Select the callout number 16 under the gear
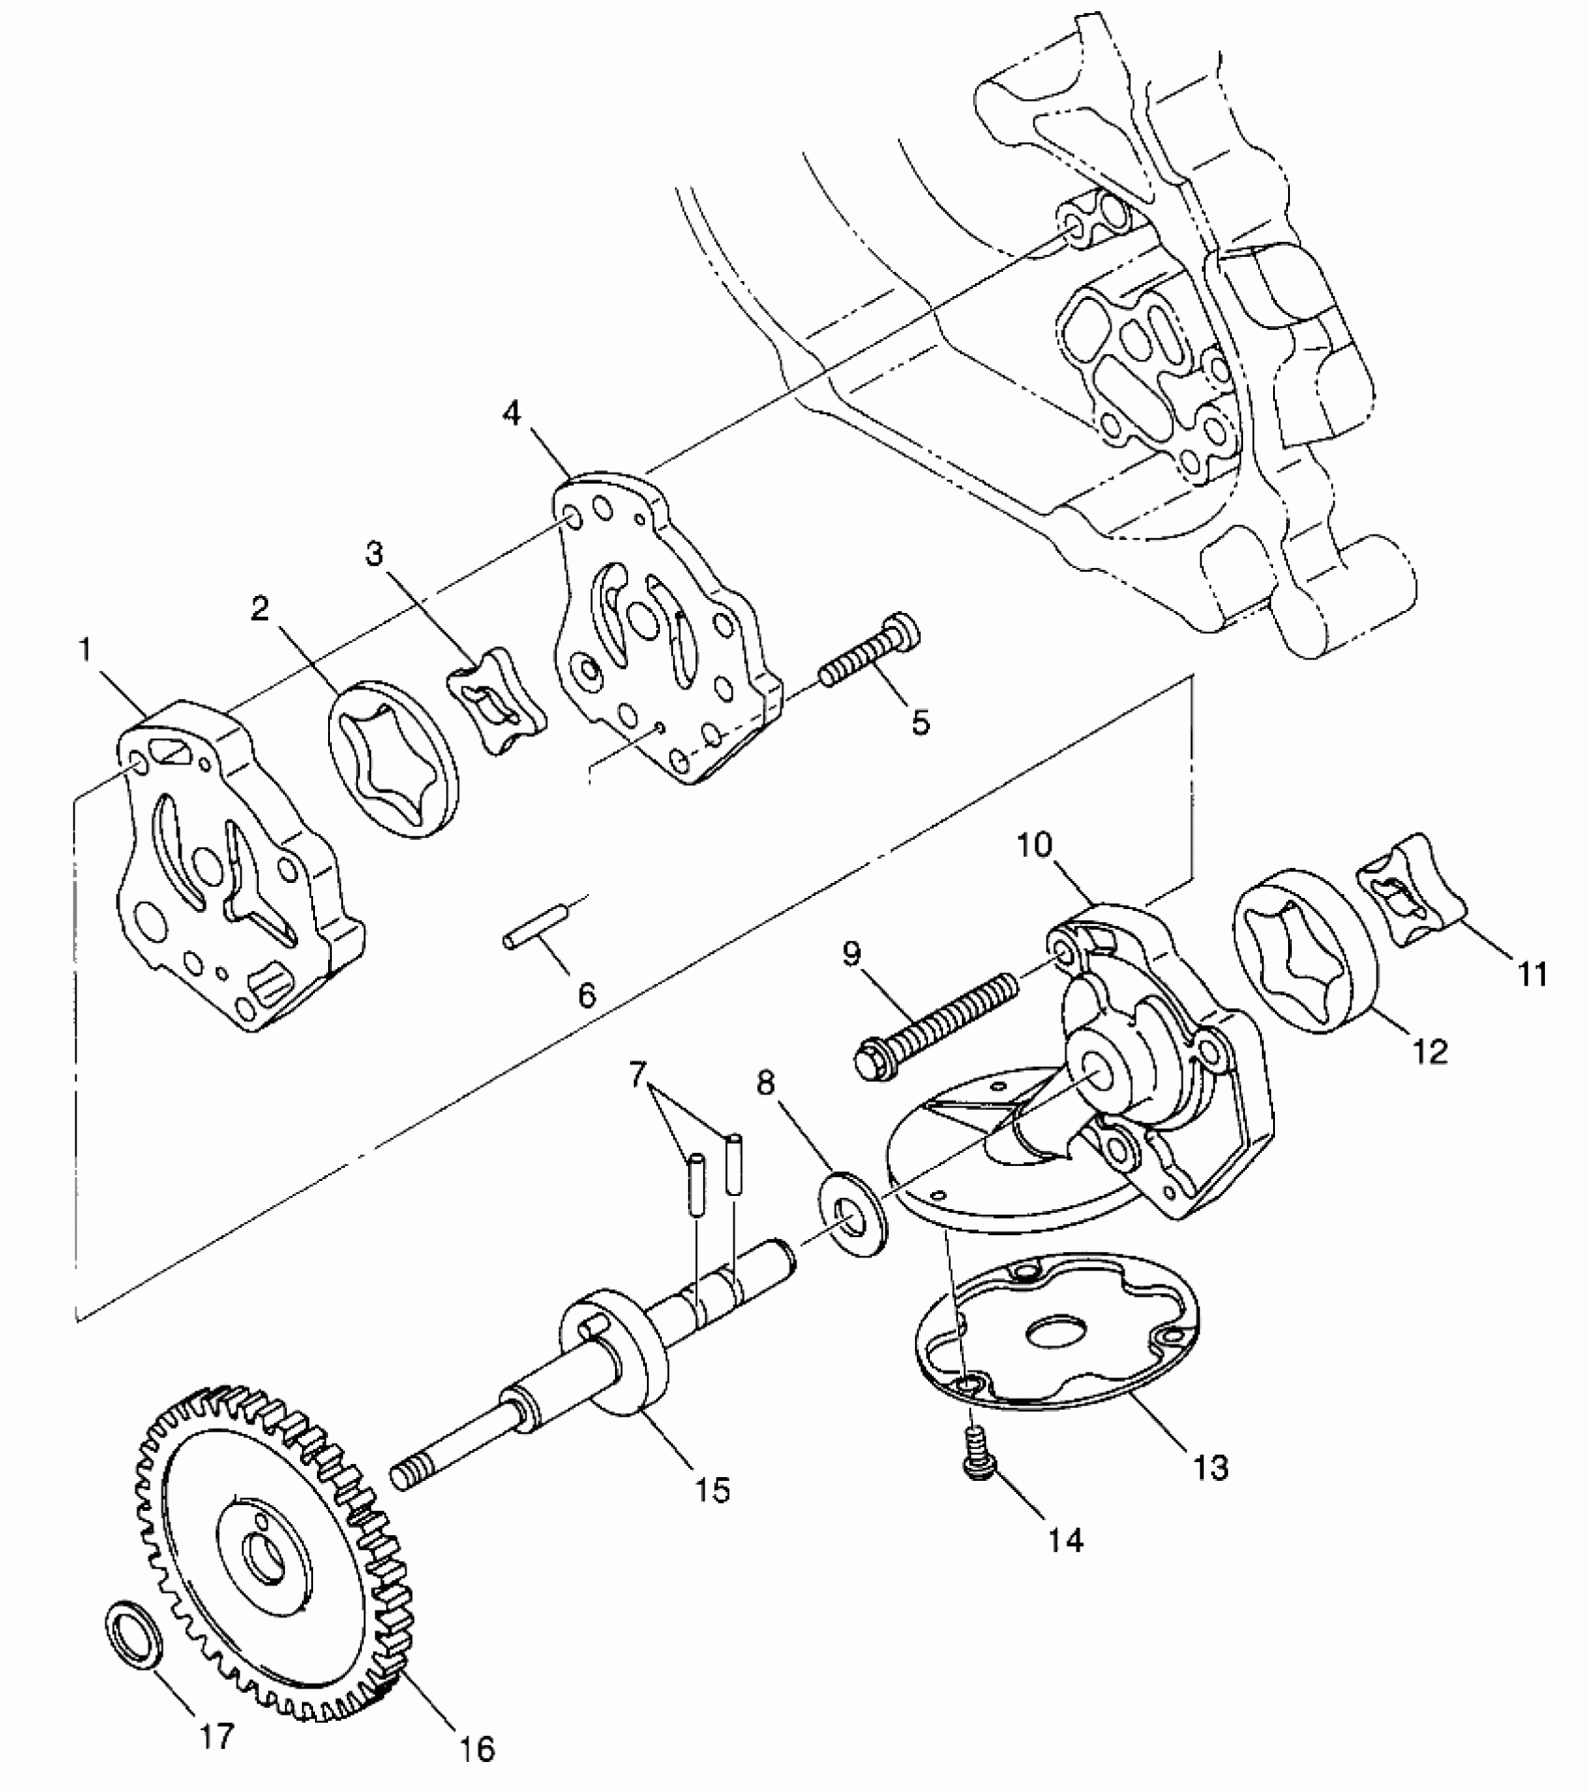[x=477, y=1748]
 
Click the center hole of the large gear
[x=259, y=1557]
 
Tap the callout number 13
[x=1211, y=1467]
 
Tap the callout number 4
[x=512, y=414]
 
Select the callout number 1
[x=87, y=651]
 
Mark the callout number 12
[x=1431, y=1050]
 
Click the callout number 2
[x=260, y=609]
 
